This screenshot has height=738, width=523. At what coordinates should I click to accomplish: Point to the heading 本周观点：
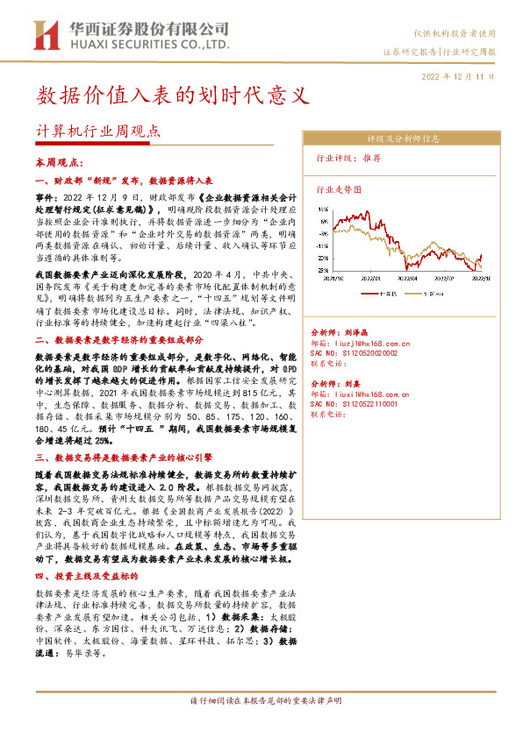point(59,163)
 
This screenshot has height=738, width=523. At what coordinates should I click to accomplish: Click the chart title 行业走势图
point(339,188)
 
